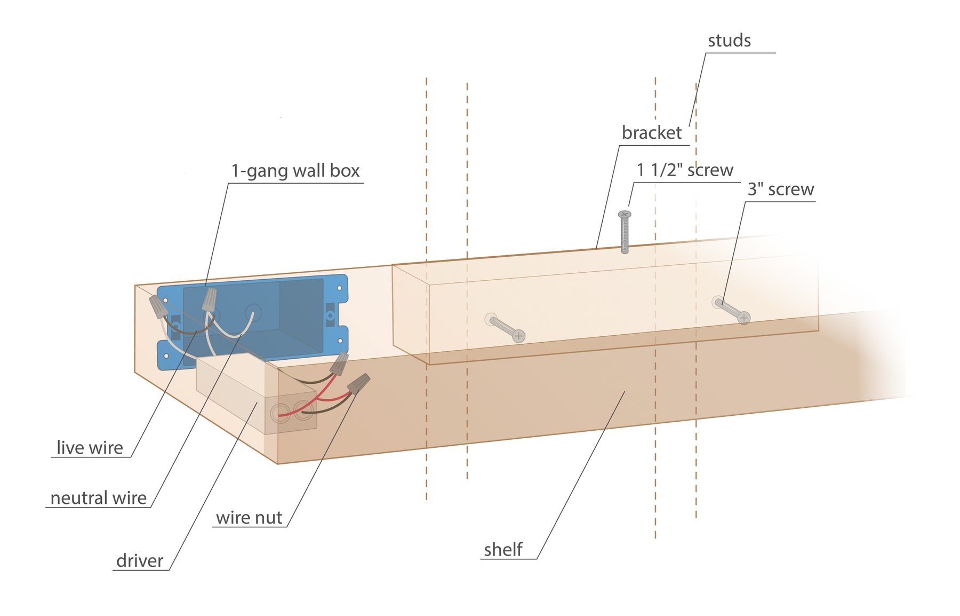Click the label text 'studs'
729,41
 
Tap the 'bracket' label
651,133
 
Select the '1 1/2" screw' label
685,170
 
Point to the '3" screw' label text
780,189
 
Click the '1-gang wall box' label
295,171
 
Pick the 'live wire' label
90,448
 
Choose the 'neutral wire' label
98,498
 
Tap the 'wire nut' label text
249,518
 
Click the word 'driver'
139,561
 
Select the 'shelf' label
502,550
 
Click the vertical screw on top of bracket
625,232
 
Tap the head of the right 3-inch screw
743,318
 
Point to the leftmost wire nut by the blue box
157,306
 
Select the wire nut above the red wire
339,364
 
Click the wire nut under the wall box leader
209,299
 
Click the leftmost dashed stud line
427,288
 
